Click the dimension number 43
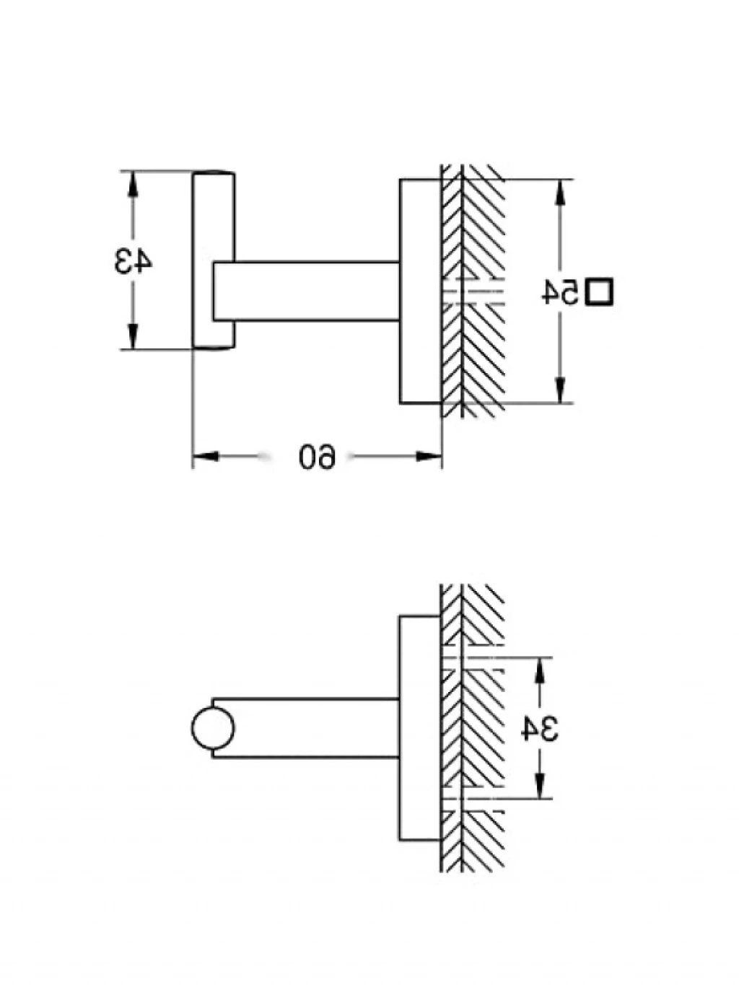pyautogui.click(x=134, y=261)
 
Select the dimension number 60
pyautogui.click(x=318, y=456)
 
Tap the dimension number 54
pyautogui.click(x=561, y=292)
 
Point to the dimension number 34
pyautogui.click(x=540, y=729)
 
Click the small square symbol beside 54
pyautogui.click(x=599, y=292)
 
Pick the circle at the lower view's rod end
pyautogui.click(x=213, y=728)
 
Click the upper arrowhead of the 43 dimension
pyautogui.click(x=132, y=183)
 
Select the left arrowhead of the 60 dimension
pyautogui.click(x=206, y=456)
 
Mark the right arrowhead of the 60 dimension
pyautogui.click(x=429, y=456)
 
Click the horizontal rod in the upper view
pyautogui.click(x=310, y=291)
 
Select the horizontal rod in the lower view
pyautogui.click(x=310, y=728)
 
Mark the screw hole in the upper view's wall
pyautogui.click(x=473, y=292)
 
